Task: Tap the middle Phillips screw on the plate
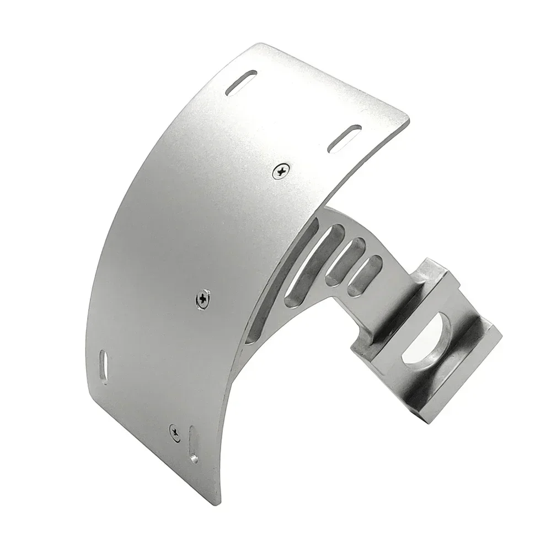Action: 204,299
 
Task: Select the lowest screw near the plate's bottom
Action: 174,431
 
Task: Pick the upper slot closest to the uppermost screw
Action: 344,138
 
